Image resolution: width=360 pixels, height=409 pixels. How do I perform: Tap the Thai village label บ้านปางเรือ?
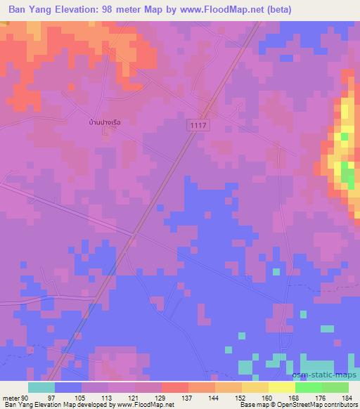pyautogui.click(x=105, y=122)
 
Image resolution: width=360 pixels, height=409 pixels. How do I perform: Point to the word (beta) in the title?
pyautogui.click(x=277, y=10)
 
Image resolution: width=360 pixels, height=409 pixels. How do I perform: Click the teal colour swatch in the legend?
pyautogui.click(x=41, y=387)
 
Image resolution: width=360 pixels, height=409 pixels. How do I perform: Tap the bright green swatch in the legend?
pyautogui.click(x=309, y=387)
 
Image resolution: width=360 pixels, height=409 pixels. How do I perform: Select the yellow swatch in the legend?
pyautogui.click(x=282, y=387)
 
